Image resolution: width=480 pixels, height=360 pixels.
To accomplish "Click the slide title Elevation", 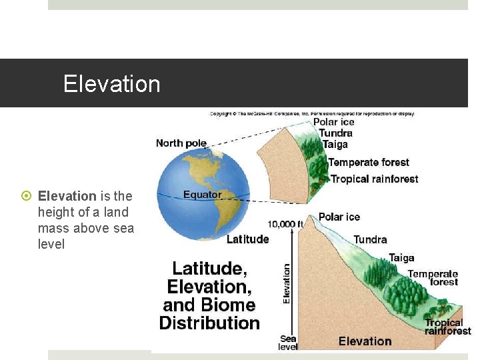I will pos(112,84).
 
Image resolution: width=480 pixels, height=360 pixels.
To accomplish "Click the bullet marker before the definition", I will pos(27,196).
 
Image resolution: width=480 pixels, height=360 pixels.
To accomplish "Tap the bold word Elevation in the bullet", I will pos(67,196).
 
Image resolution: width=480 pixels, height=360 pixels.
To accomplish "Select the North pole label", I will pos(181,143).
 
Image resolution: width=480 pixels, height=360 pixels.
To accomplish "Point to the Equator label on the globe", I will pos(203,195).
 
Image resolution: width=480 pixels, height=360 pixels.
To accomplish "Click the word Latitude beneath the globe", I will pos(248,239).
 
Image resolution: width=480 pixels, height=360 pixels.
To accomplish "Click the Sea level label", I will pos(288,343).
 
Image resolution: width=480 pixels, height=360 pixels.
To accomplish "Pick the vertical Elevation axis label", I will pos(287,283).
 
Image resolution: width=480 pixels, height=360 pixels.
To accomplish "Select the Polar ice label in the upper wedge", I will pos(334,122).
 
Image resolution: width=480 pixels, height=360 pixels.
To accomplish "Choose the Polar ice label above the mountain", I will pos(339,217).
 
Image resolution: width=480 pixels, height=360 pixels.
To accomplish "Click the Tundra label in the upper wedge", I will pos(336,133).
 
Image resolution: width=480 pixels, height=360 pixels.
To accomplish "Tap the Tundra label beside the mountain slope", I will pos(370,239).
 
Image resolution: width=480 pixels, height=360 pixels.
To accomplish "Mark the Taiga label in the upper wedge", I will pos(335,144).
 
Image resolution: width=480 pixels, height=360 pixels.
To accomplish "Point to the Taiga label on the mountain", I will pos(401,258).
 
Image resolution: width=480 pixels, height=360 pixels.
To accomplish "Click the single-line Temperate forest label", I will pos(369,163).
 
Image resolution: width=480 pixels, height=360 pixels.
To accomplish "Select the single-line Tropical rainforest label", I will pos(375,179).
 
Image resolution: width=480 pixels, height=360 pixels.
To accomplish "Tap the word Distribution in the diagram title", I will pos(209,323).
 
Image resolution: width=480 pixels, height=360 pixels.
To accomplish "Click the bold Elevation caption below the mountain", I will pos(365,341).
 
